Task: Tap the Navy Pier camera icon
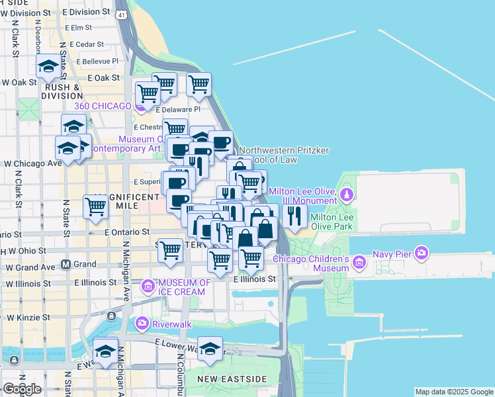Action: (x=422, y=253)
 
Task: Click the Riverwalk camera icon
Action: (x=142, y=324)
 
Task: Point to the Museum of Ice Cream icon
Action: (x=149, y=287)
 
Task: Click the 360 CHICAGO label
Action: (x=103, y=106)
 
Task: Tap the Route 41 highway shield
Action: (x=120, y=13)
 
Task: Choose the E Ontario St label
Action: (x=126, y=232)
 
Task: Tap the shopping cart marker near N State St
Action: (x=96, y=207)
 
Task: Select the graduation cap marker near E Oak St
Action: (x=48, y=66)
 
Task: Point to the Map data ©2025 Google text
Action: (x=453, y=392)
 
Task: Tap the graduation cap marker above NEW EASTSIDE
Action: (x=210, y=348)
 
